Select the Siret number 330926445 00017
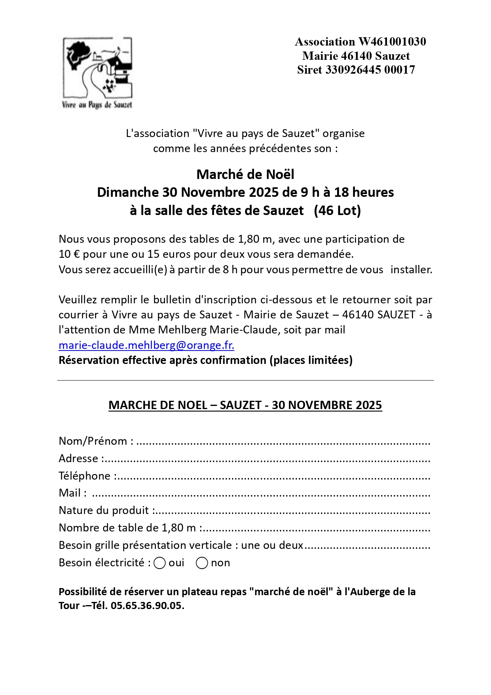coord(370,70)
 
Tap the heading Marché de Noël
coord(245,174)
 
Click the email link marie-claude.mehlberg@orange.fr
coord(146,345)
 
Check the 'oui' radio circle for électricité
coord(159,563)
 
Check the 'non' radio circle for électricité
coord(202,563)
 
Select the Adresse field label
coord(78,458)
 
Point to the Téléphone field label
coord(85,476)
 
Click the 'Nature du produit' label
coord(104,510)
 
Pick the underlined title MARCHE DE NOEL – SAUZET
coord(245,405)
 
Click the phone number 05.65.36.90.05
coord(147,606)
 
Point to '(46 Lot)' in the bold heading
coord(337,210)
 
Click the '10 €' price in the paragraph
coord(69,254)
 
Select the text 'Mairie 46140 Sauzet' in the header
coord(356,56)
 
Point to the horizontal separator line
coord(245,380)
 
